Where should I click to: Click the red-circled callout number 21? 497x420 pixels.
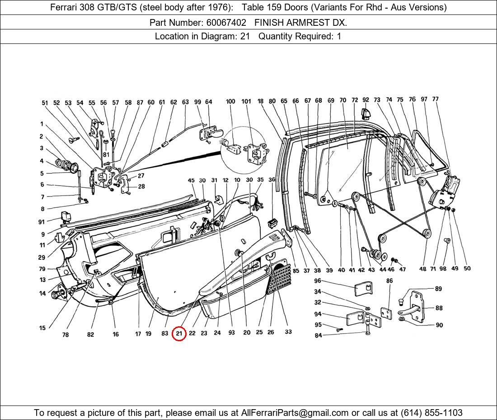click(179, 334)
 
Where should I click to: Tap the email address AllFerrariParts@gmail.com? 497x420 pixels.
click(295, 413)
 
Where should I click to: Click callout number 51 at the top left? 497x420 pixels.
click(45, 103)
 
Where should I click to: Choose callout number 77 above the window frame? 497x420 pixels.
click(435, 99)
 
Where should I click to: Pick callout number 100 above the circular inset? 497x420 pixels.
click(230, 101)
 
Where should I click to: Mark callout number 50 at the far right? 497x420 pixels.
click(467, 268)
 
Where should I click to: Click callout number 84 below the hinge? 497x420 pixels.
click(318, 335)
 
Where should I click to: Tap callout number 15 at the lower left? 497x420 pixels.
click(42, 328)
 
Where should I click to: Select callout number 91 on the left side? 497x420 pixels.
click(42, 222)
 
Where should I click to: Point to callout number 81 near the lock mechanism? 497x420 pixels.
click(106, 154)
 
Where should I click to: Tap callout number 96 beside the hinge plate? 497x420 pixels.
click(318, 281)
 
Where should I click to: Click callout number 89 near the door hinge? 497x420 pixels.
click(438, 289)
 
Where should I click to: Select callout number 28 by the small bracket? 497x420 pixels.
click(141, 186)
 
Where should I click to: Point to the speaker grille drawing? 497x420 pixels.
click(279, 277)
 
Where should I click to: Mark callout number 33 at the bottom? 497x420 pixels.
click(288, 332)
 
